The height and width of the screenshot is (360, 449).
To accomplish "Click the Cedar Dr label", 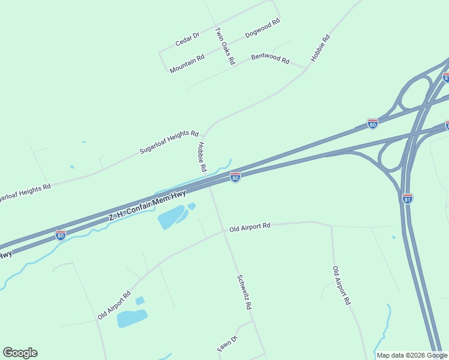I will [x=187, y=40].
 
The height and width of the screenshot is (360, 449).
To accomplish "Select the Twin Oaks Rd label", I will [x=224, y=46].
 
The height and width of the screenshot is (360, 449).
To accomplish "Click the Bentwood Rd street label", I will [x=270, y=58].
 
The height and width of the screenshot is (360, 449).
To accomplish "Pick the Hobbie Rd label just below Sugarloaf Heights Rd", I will [x=202, y=157].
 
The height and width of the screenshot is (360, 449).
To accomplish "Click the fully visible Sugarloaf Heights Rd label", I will [x=169, y=142].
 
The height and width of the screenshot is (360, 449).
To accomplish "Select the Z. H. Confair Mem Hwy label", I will [x=147, y=205].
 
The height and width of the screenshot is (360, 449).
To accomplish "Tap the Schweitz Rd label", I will [x=244, y=292].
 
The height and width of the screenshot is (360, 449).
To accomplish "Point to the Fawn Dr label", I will [x=228, y=345].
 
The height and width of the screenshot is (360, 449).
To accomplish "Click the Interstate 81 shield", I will [x=408, y=199].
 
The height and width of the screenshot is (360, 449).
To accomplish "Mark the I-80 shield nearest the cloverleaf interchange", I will [x=373, y=124].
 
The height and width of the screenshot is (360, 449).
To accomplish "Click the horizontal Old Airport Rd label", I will [x=250, y=227].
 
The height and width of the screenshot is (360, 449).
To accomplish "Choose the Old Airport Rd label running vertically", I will [x=341, y=286].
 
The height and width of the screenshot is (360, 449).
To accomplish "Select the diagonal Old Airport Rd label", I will [x=114, y=305].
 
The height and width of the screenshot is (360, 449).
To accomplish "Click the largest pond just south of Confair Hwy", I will [x=171, y=217].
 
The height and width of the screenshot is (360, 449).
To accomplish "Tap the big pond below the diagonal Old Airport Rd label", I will [x=131, y=318].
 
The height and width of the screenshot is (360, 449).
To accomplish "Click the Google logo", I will [x=20, y=353].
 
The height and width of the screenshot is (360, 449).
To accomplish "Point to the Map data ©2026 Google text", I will [x=412, y=355].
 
